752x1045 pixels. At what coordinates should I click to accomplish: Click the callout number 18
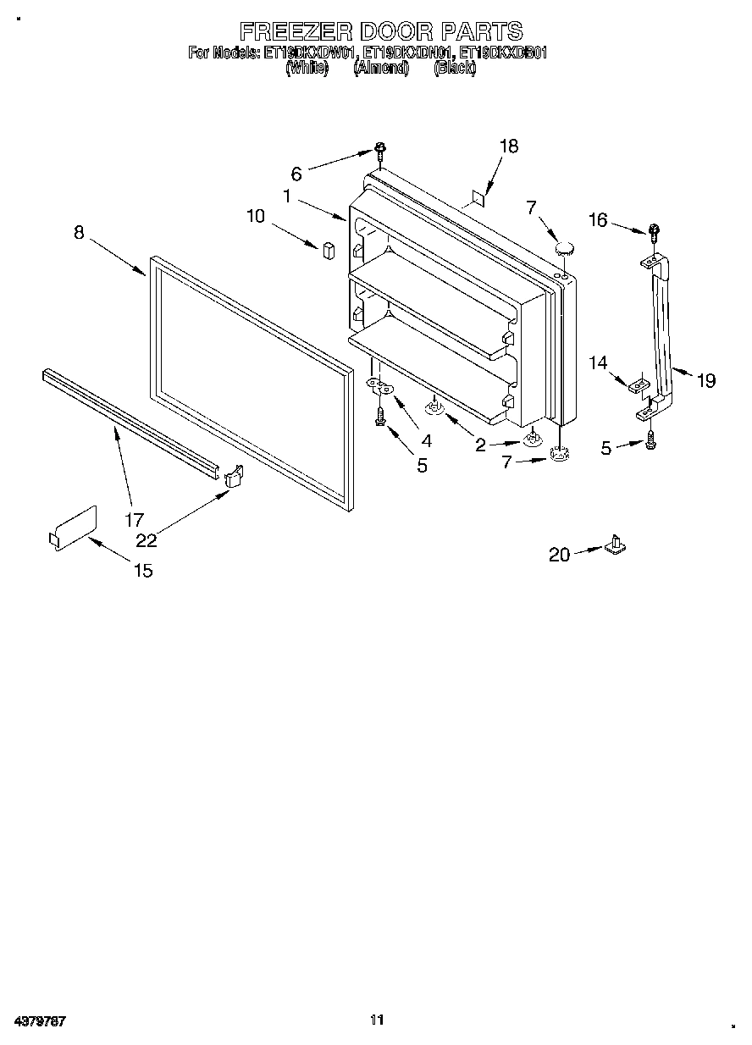click(508, 146)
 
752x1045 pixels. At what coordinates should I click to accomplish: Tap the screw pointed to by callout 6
click(381, 152)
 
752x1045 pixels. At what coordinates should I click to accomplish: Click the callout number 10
click(256, 216)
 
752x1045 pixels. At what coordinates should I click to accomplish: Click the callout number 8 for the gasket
click(79, 233)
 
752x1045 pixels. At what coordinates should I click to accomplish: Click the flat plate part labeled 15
click(75, 527)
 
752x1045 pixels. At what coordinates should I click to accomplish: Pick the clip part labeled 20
click(616, 545)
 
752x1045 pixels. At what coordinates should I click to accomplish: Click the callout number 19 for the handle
click(705, 381)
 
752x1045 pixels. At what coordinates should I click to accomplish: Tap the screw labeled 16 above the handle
click(654, 229)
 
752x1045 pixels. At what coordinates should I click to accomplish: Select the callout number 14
click(598, 363)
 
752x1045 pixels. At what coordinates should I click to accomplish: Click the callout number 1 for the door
click(288, 196)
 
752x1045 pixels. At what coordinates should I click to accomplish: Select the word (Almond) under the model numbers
click(381, 69)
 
